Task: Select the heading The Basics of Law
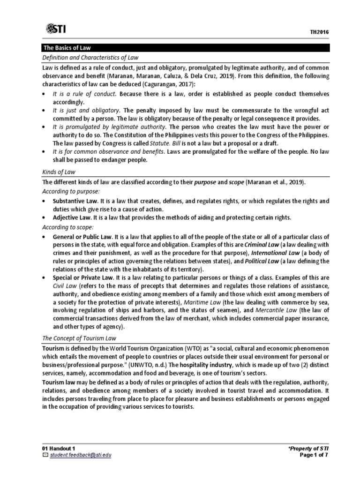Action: click(67, 48)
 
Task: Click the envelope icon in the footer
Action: click(45, 455)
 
